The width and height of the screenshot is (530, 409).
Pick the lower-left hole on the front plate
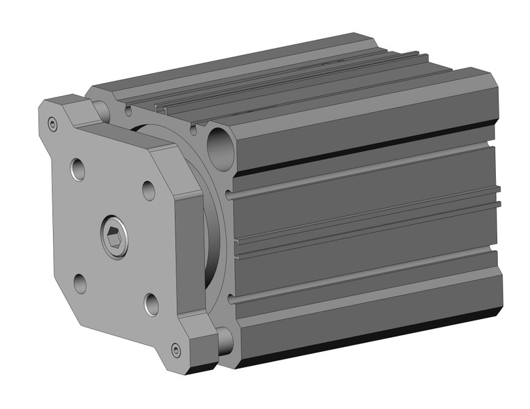pyautogui.click(x=80, y=283)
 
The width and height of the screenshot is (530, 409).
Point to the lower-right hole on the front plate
pyautogui.click(x=151, y=303)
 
